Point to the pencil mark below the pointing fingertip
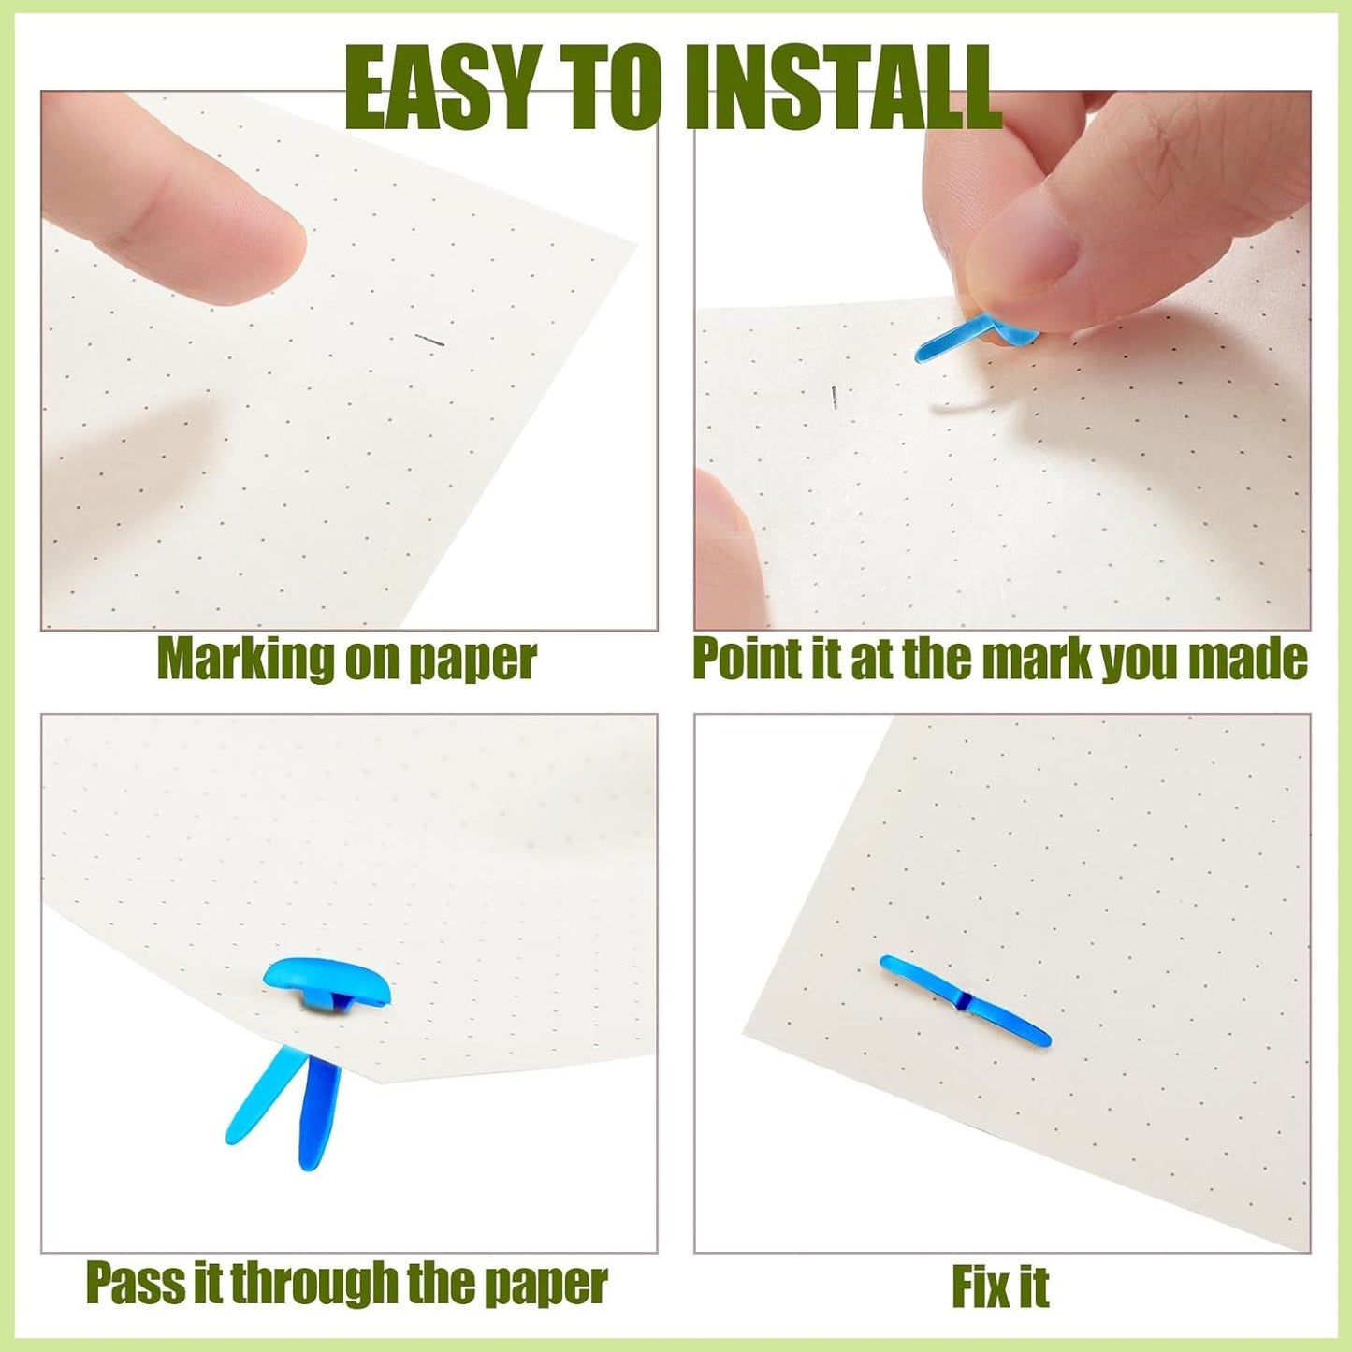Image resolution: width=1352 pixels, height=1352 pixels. [x=429, y=341]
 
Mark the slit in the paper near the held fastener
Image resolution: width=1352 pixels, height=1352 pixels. [x=834, y=397]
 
